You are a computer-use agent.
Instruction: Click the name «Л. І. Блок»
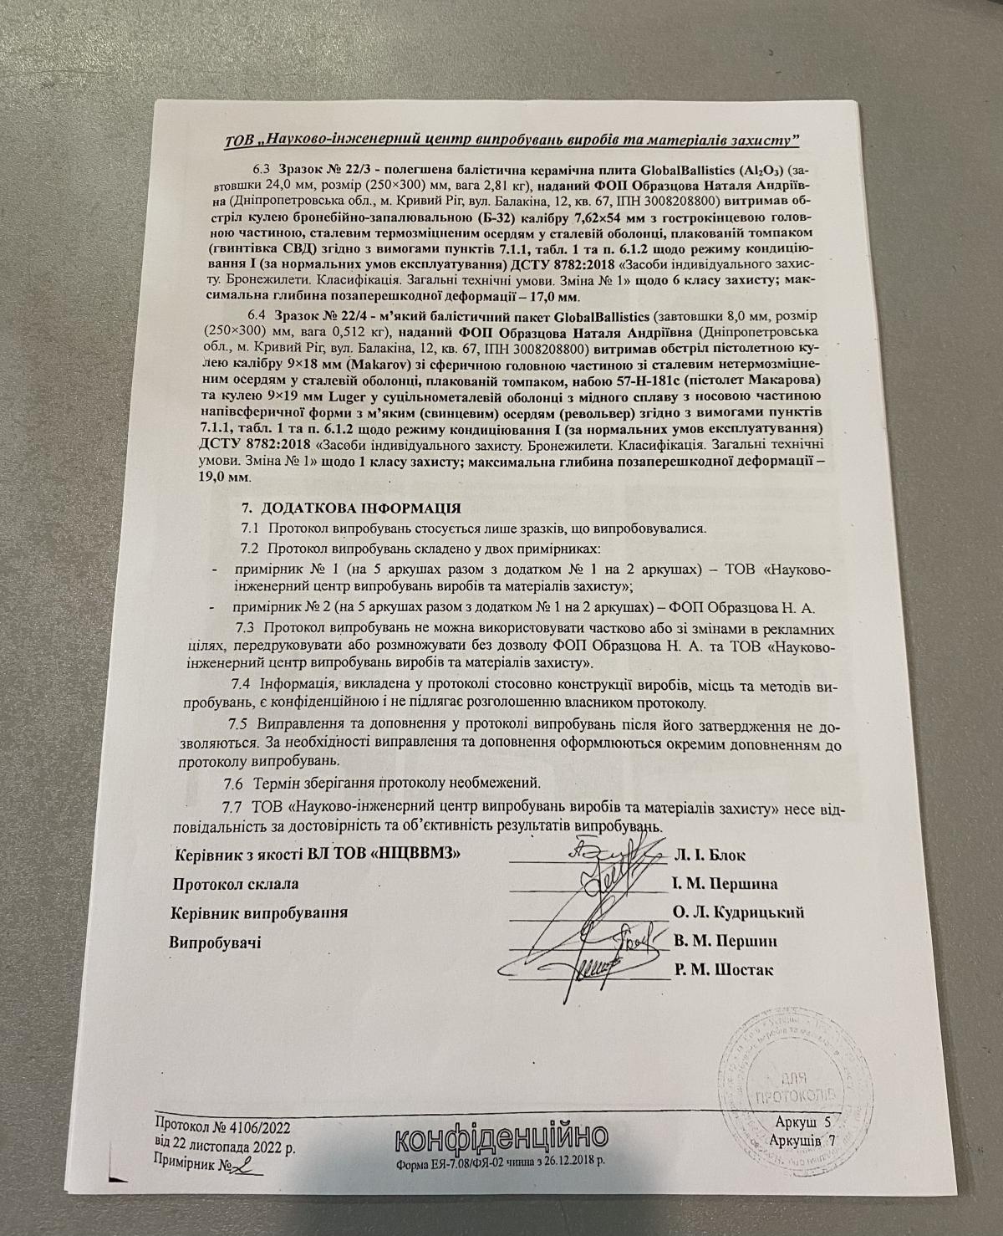(709, 855)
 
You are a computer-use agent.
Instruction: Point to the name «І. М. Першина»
(725, 883)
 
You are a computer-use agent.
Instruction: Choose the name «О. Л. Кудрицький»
(738, 912)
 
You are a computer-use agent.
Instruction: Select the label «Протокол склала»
(235, 884)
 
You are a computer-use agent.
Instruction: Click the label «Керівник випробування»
(258, 912)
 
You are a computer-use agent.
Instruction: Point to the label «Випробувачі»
(216, 942)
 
